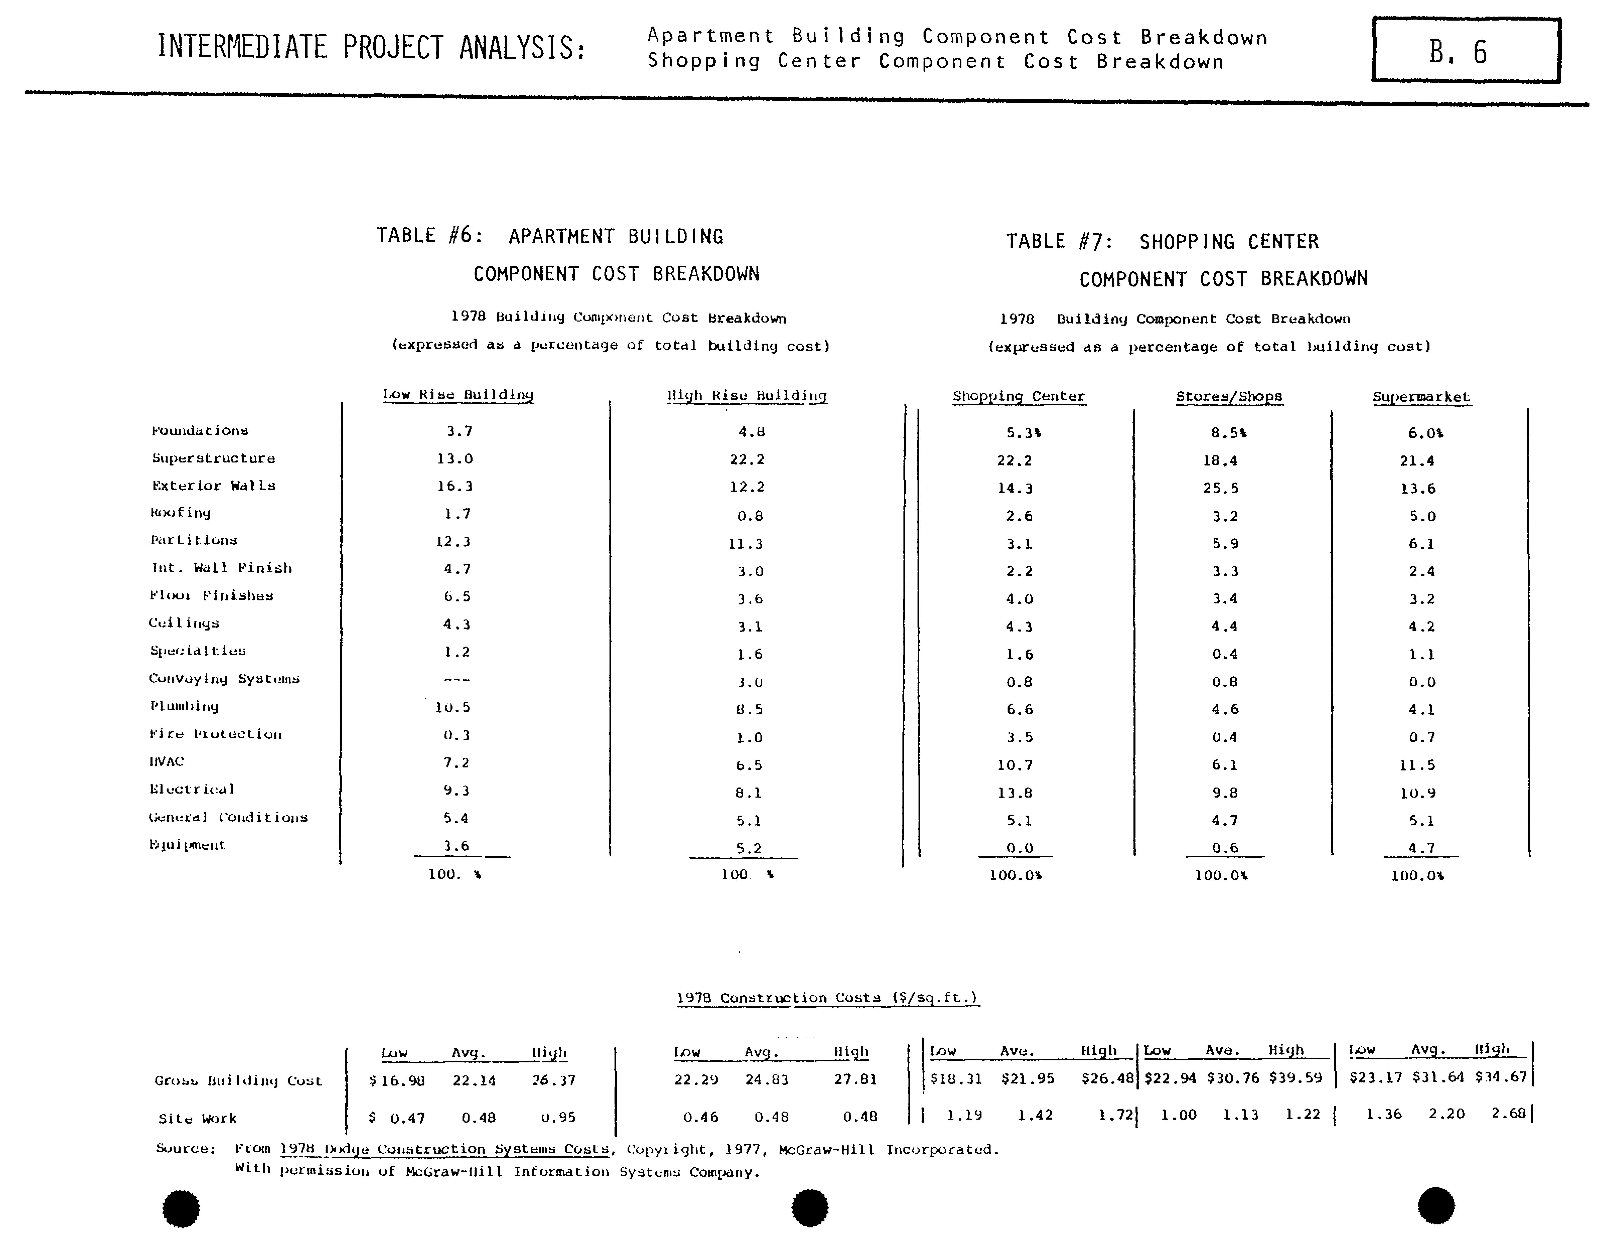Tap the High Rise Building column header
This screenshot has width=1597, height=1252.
746,396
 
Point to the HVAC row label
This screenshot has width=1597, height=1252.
166,762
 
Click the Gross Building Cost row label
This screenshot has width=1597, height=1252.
238,1080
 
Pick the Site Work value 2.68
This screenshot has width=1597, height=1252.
1508,1114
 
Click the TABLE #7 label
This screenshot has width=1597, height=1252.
1059,242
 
